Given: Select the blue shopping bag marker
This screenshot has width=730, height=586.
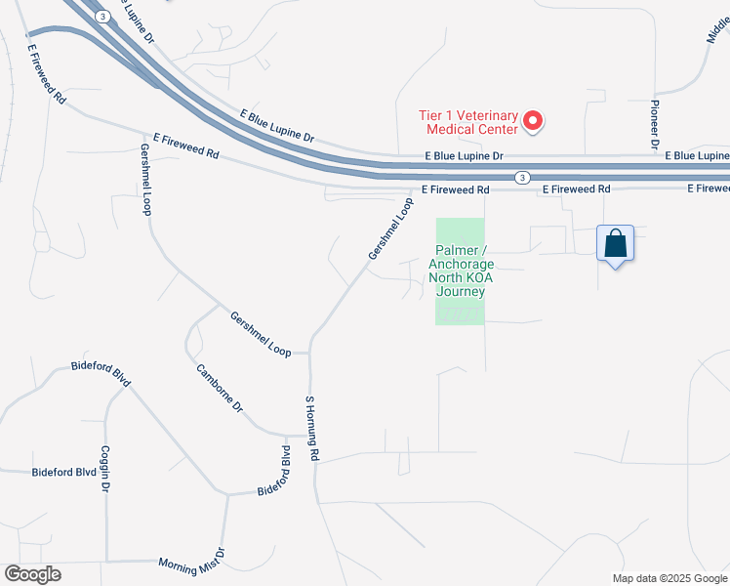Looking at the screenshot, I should (616, 243).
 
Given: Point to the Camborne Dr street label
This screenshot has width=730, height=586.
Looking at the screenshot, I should (220, 388).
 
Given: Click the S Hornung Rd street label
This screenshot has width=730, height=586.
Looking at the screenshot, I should (311, 428).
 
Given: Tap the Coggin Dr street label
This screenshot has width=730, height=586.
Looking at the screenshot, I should (104, 469).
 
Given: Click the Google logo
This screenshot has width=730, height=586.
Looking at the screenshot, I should (32, 574).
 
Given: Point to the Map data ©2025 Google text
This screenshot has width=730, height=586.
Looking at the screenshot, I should (669, 578).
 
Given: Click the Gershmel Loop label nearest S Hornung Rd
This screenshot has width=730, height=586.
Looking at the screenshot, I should (261, 333).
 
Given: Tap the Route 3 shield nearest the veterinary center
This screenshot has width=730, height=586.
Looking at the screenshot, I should (523, 177).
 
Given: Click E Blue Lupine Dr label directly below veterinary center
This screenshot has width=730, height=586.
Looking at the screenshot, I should (465, 156).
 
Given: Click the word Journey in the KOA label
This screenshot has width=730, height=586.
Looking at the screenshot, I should (461, 290).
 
